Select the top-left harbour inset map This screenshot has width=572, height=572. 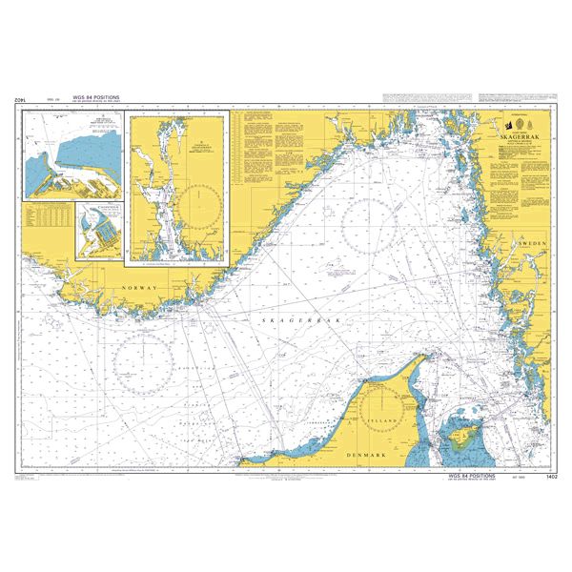75,153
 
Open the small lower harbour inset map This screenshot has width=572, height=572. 97,230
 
